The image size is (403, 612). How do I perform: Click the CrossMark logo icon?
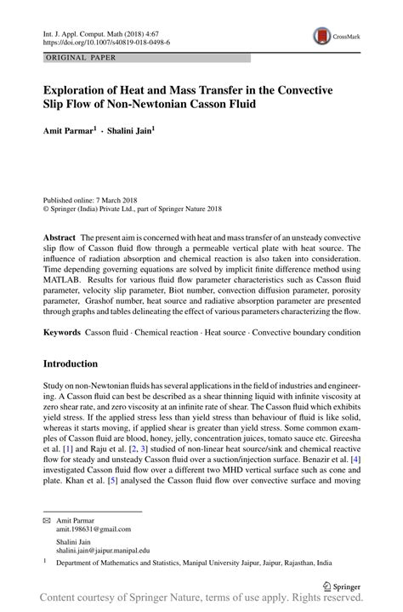[x=323, y=36]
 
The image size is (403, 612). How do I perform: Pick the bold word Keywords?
[x=65, y=329]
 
